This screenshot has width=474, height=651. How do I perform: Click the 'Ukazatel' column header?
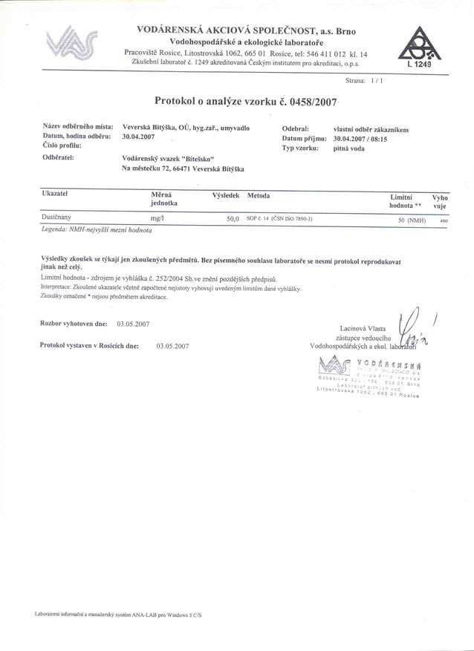tap(56, 192)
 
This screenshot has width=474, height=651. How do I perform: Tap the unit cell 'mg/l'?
tap(157, 218)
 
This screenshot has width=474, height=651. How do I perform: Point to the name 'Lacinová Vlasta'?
tap(364, 327)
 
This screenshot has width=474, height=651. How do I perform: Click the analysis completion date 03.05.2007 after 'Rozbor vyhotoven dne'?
tap(134, 324)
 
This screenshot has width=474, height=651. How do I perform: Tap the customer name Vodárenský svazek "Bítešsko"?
tap(167, 158)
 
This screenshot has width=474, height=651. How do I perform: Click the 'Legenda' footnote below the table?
tap(97, 231)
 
